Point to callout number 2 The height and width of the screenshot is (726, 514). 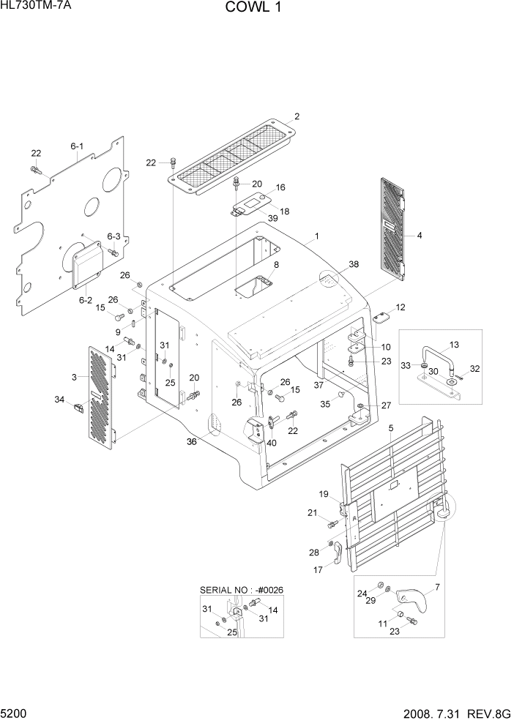pos(297,116)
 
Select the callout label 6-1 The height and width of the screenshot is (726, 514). pos(77,146)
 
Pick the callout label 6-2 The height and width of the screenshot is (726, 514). pos(85,299)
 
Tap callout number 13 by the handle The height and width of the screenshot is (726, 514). pos(454,344)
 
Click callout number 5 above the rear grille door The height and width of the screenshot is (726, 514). pos(391,427)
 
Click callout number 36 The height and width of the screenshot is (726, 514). pos(192,441)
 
